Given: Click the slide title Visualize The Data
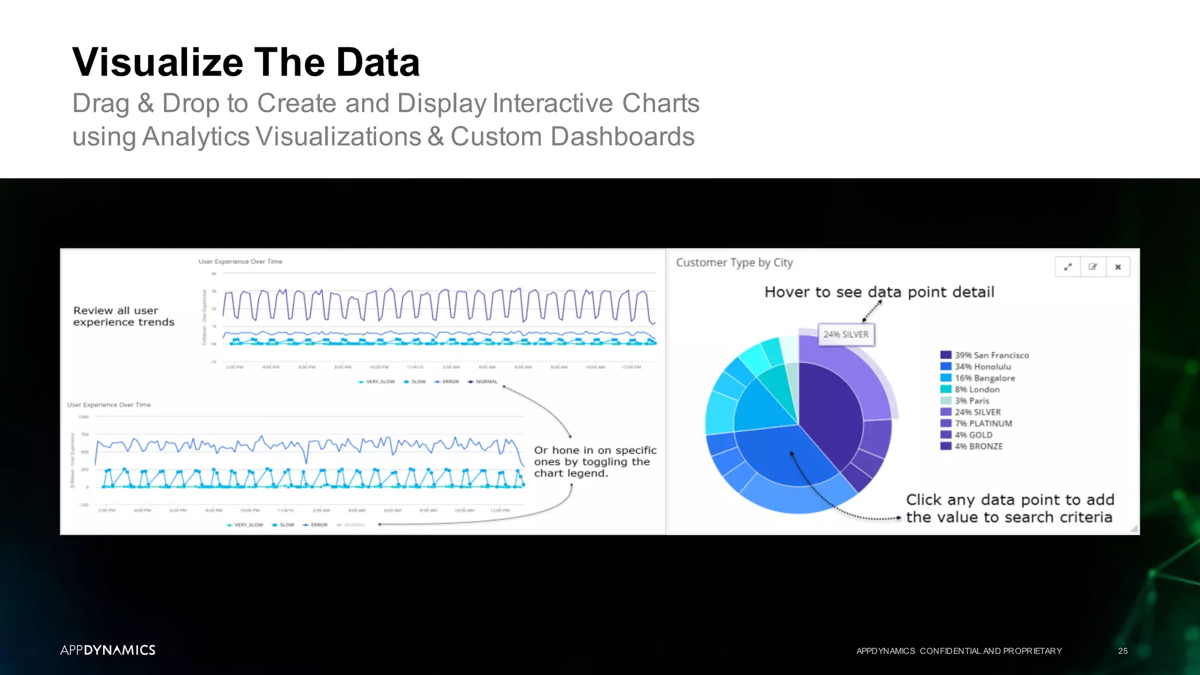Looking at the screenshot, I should pos(246,62).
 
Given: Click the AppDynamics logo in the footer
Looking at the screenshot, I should pos(108,650).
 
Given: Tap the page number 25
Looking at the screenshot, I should pos(1123,651).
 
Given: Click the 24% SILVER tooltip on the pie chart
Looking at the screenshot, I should pos(846,335).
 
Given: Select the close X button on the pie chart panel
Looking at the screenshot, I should pos(1118,267).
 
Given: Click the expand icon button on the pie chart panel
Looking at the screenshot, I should pos(1068,267).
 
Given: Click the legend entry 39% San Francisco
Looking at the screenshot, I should pos(991,355).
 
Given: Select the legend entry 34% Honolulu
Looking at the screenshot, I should pos(982,367).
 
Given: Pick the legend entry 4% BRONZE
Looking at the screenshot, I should pos(978,446).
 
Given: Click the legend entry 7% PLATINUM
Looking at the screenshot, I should pos(983,424).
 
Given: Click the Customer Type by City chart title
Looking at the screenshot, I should pos(734,262).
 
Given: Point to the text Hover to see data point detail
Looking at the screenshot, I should pos(879,292).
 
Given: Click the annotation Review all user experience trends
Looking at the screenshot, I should pos(124,316).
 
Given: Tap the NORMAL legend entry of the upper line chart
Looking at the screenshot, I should pos(486,382).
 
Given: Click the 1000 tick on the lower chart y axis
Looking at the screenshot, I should pos(84,417).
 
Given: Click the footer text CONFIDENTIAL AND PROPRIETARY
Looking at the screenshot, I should pos(990,651).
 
